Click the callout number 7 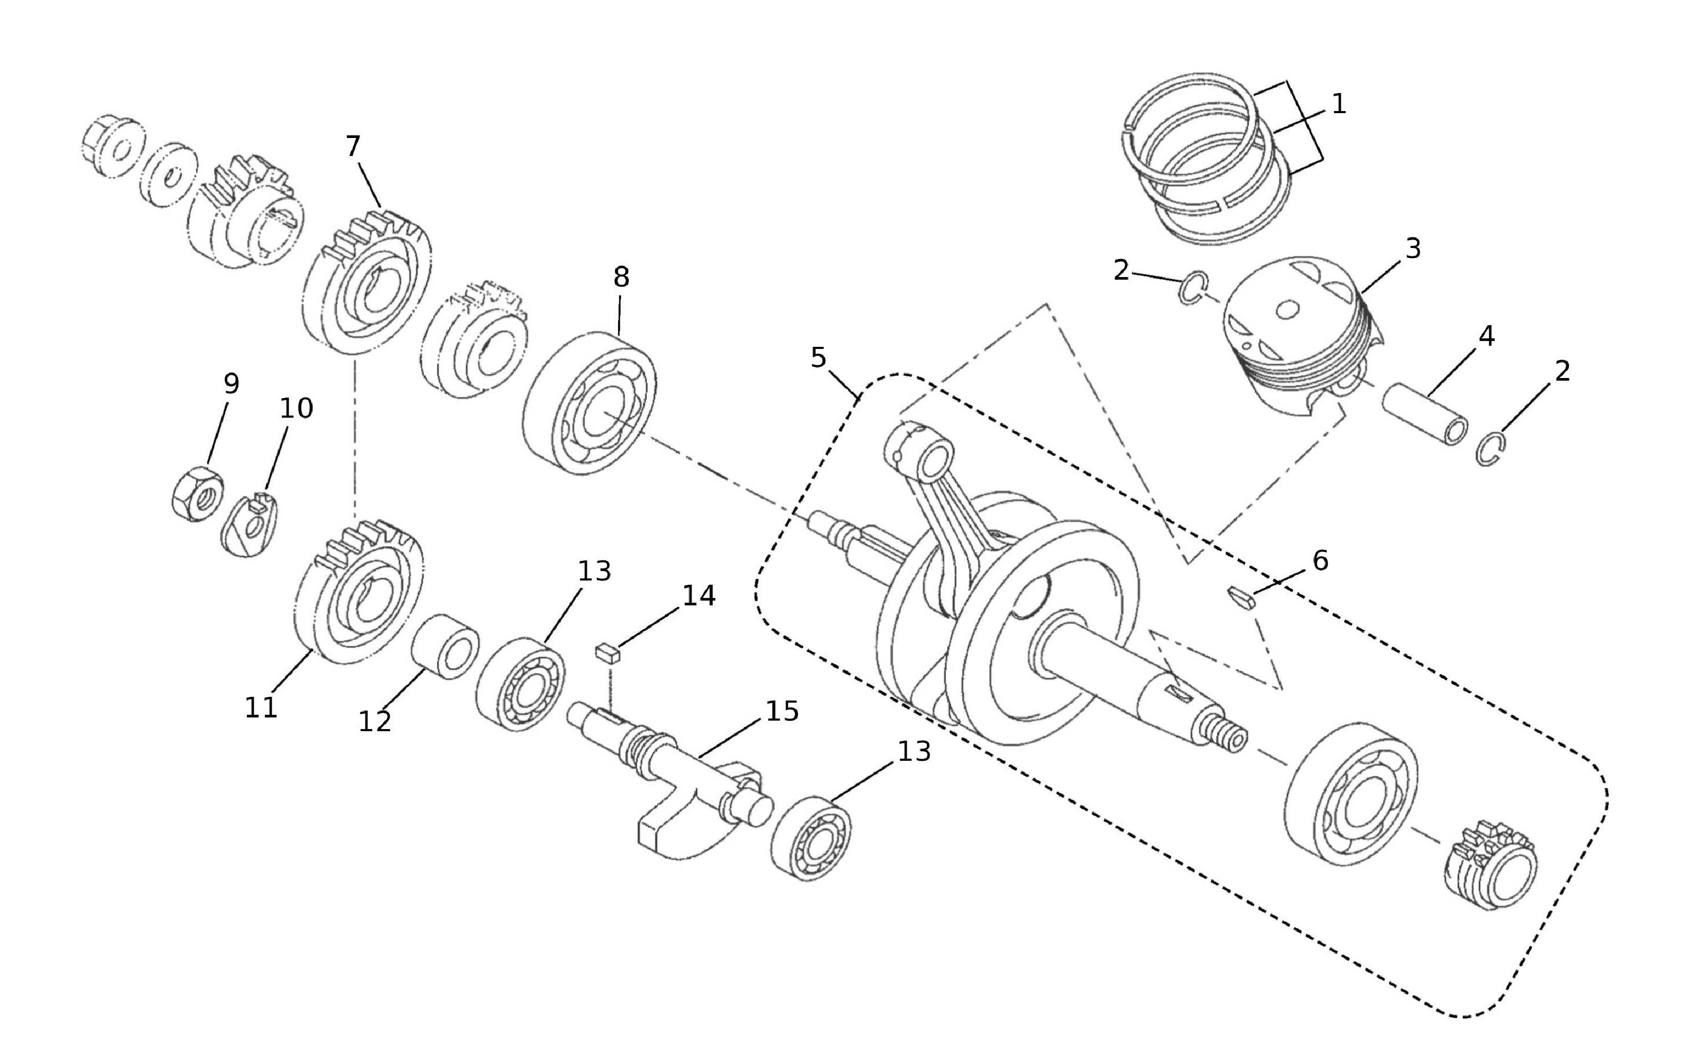pyautogui.click(x=353, y=146)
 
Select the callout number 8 pyautogui.click(x=621, y=278)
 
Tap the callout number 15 pyautogui.click(x=783, y=712)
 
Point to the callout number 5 pyautogui.click(x=818, y=358)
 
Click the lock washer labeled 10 pyautogui.click(x=249, y=527)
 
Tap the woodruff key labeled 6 pyautogui.click(x=1242, y=598)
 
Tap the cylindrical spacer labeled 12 pyautogui.click(x=446, y=647)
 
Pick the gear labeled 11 pyautogui.click(x=359, y=598)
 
